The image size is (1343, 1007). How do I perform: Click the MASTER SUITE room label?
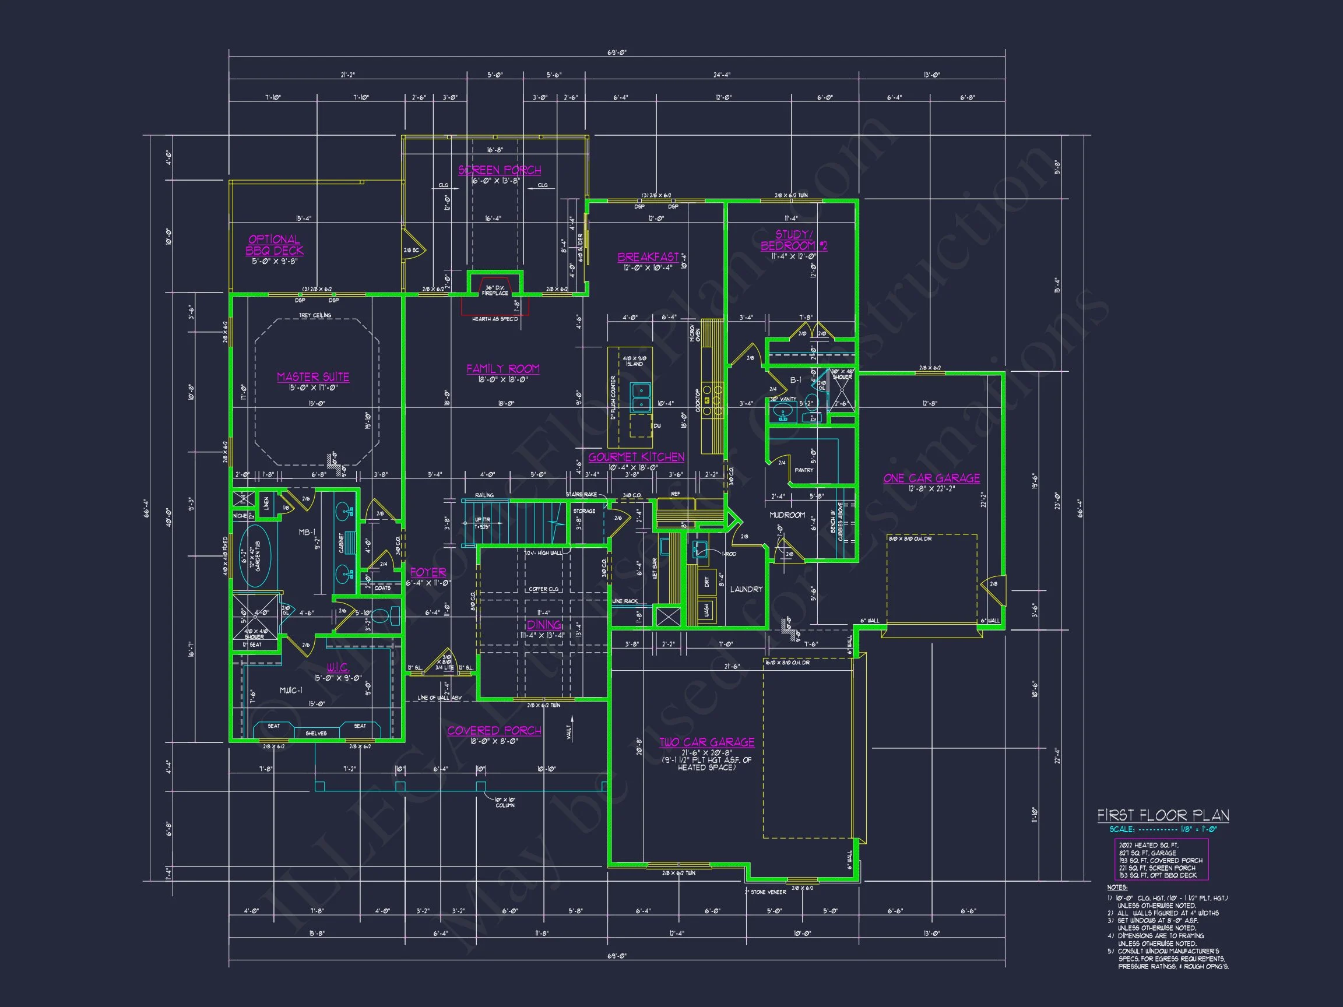tap(312, 377)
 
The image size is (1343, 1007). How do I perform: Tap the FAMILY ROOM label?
tap(502, 368)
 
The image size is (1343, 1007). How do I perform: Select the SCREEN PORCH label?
tap(499, 170)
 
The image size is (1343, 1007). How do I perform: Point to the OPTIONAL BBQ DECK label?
tap(275, 245)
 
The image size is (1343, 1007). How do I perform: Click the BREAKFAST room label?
tap(648, 257)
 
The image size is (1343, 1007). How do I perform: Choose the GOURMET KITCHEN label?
tap(636, 457)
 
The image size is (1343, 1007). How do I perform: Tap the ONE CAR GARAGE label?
tap(931, 478)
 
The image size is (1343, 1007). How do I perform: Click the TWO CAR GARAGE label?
tap(706, 742)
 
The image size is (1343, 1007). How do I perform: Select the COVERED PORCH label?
tap(494, 731)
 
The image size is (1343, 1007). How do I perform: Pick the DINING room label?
tap(543, 625)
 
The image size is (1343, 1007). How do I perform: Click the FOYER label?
tap(427, 572)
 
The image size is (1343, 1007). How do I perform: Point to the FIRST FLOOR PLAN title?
tap(1162, 815)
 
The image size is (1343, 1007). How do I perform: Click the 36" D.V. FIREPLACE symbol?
tap(495, 290)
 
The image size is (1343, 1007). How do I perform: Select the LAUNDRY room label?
tap(746, 589)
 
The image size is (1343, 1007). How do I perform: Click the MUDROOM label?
tap(787, 515)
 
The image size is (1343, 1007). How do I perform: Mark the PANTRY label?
tap(803, 470)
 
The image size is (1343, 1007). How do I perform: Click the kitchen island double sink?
tap(640, 397)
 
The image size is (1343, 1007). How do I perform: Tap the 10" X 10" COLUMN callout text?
tap(505, 802)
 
